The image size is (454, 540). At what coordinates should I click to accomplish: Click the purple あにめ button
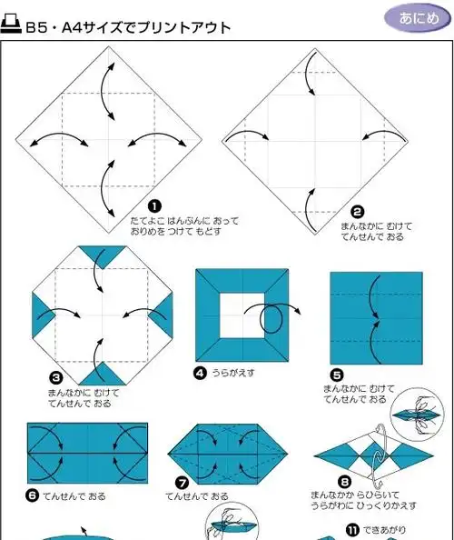tap(418, 17)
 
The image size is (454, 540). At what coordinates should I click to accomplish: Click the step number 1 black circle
tap(154, 206)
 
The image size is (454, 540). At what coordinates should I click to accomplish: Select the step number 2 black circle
tap(358, 212)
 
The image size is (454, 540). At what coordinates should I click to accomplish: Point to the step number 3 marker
tap(55, 378)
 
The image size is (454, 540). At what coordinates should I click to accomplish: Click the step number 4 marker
tap(200, 374)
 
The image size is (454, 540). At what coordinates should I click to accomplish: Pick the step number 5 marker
tap(337, 375)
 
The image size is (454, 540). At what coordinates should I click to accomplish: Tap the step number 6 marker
tap(33, 495)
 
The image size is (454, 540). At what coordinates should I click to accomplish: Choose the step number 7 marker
tap(182, 483)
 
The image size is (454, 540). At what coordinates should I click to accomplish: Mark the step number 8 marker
tap(344, 482)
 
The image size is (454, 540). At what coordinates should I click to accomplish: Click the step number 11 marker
tap(352, 530)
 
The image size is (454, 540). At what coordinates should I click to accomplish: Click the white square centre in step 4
tap(242, 315)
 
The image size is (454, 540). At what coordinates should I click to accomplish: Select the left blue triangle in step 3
tap(42, 315)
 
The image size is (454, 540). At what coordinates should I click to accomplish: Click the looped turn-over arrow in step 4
tap(271, 317)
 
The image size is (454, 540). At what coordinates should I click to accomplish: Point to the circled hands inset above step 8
tap(418, 415)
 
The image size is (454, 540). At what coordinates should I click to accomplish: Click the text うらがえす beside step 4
tap(233, 373)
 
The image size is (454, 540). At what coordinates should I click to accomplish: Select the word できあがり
tap(384, 530)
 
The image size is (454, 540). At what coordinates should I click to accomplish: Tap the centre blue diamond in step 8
tap(374, 455)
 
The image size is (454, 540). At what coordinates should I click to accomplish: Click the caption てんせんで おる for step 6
tap(74, 496)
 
